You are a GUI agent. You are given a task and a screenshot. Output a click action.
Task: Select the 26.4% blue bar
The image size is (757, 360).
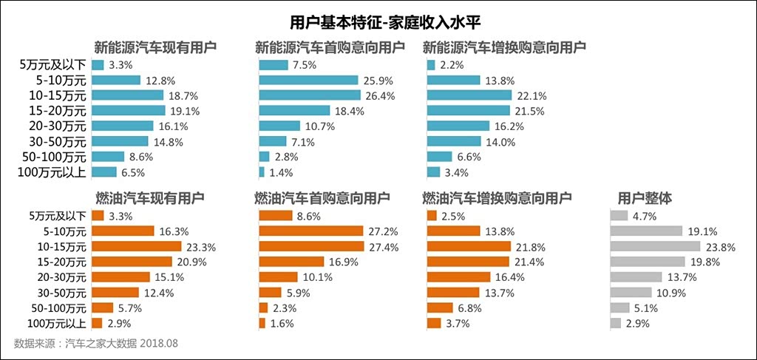click(309, 95)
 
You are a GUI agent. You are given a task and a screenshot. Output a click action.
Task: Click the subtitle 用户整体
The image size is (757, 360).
click(645, 198)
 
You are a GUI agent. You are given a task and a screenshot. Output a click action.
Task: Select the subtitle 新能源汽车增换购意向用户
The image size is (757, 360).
click(504, 47)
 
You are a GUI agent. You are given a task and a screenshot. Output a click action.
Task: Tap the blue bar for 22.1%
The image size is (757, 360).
click(469, 95)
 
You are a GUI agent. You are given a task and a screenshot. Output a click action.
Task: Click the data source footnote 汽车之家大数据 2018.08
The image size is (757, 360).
click(96, 343)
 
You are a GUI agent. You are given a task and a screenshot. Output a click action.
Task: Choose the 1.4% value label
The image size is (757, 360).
click(281, 173)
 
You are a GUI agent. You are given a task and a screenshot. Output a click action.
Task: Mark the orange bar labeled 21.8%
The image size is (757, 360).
click(469, 246)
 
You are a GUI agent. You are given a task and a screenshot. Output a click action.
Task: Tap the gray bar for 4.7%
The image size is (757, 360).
click(619, 216)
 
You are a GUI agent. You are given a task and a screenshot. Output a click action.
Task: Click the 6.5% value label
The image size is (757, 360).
click(132, 173)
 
